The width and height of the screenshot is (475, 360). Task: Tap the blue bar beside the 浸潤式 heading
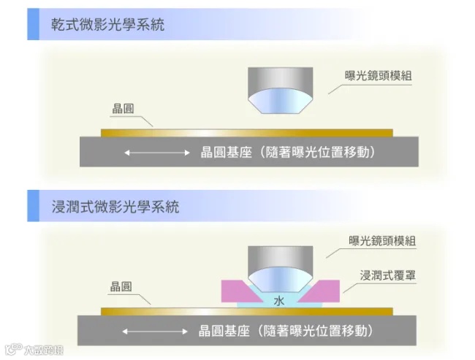click(x=31, y=207)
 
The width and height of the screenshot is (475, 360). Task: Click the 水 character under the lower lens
click(x=278, y=300)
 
